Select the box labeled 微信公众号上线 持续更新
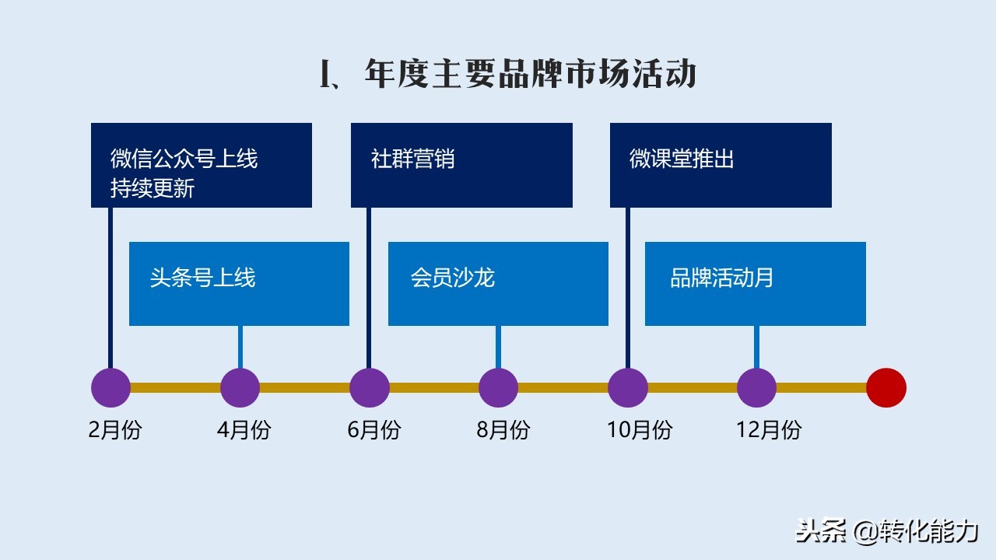[x=202, y=166]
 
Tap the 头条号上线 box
[x=239, y=284]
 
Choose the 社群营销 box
[x=461, y=166]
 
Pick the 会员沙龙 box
[x=498, y=284]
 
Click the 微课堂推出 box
[x=721, y=166]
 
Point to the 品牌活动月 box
[x=756, y=284]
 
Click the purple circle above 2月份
[x=110, y=388]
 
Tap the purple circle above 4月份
[x=240, y=388]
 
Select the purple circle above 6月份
[x=370, y=388]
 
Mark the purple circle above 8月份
[x=499, y=388]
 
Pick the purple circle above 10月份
[x=628, y=388]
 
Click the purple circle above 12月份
[x=757, y=388]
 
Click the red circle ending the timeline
[x=886, y=388]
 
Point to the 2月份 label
[x=115, y=430]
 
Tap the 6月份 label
[x=374, y=430]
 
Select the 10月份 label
[x=640, y=430]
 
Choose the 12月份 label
[x=770, y=430]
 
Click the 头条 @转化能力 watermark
[x=887, y=531]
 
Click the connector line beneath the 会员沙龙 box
[x=499, y=347]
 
